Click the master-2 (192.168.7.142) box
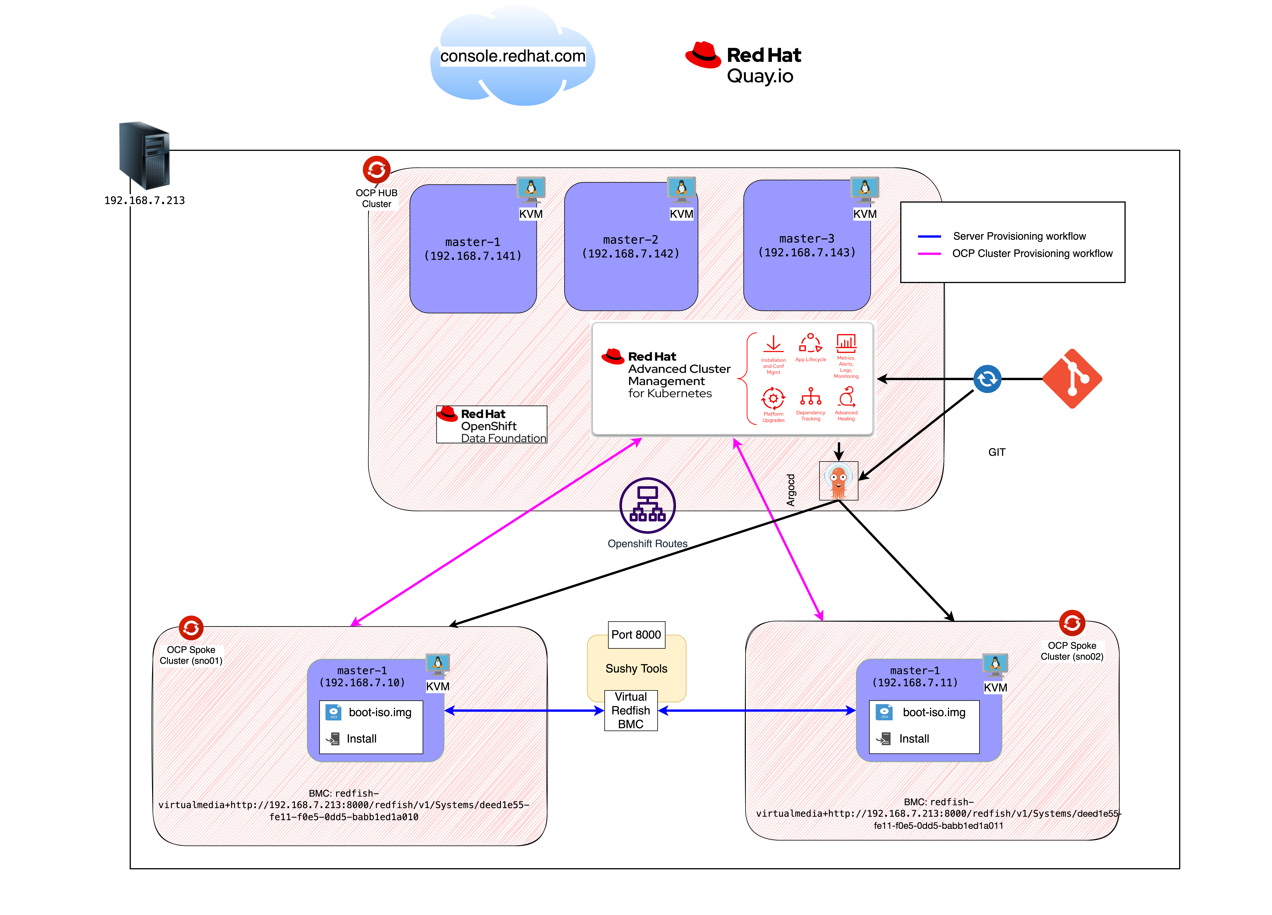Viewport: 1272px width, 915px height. [631, 247]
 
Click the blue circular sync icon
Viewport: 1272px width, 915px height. [987, 379]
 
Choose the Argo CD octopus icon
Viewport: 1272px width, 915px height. [838, 480]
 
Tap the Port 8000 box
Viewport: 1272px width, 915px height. [637, 635]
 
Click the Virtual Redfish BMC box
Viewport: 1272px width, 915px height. [631, 710]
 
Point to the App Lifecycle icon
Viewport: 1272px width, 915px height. [810, 343]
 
